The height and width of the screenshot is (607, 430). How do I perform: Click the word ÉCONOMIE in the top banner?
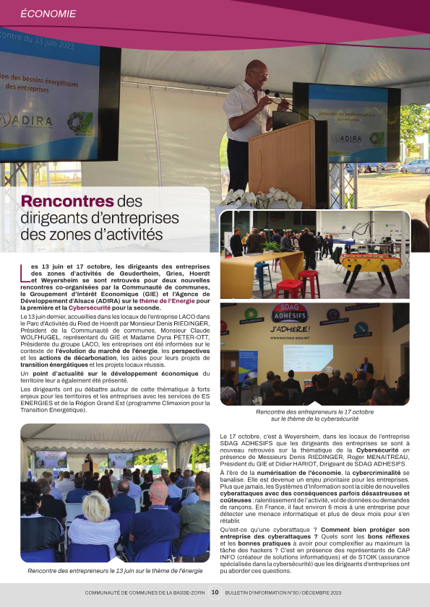[48, 13]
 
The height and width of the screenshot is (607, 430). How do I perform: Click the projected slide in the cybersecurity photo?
[307, 357]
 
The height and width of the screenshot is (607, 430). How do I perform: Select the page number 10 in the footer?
[215, 592]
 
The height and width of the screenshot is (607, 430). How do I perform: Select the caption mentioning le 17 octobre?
[314, 414]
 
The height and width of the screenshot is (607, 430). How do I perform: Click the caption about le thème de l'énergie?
[114, 571]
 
